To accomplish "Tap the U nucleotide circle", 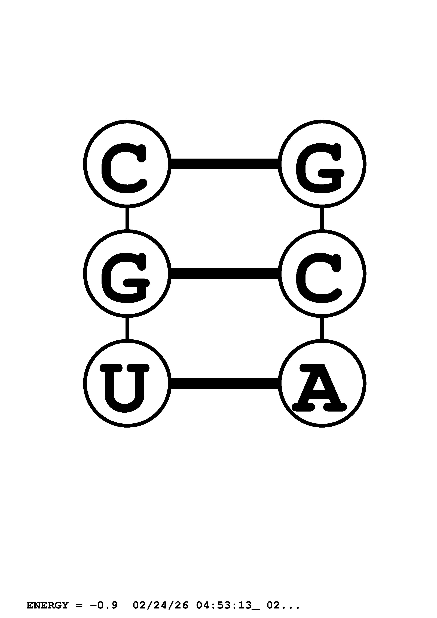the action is click(127, 383).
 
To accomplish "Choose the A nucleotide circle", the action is click(322, 383).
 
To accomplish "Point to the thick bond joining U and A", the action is click(225, 383).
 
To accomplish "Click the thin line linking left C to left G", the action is click(127, 219).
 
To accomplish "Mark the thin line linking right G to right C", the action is click(322, 219).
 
